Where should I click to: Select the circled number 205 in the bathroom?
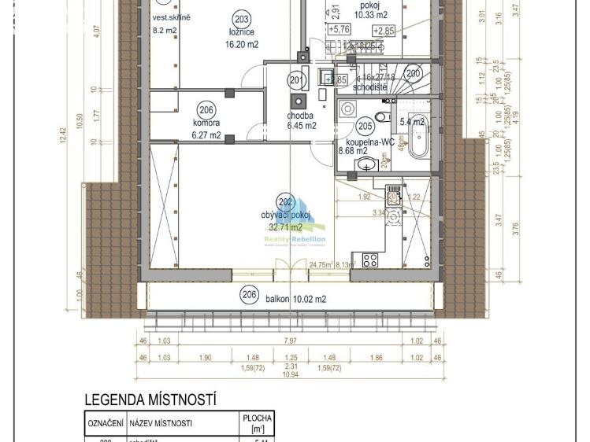(x=364, y=125)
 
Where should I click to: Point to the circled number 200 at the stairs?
(x=414, y=73)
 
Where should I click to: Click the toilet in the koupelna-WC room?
(x=382, y=117)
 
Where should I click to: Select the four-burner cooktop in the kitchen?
(x=369, y=261)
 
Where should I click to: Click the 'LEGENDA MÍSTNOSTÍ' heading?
(x=150, y=400)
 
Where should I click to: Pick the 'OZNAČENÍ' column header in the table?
(x=104, y=424)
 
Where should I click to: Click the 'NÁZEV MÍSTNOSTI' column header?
(x=161, y=424)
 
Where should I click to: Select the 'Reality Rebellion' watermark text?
(x=299, y=239)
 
